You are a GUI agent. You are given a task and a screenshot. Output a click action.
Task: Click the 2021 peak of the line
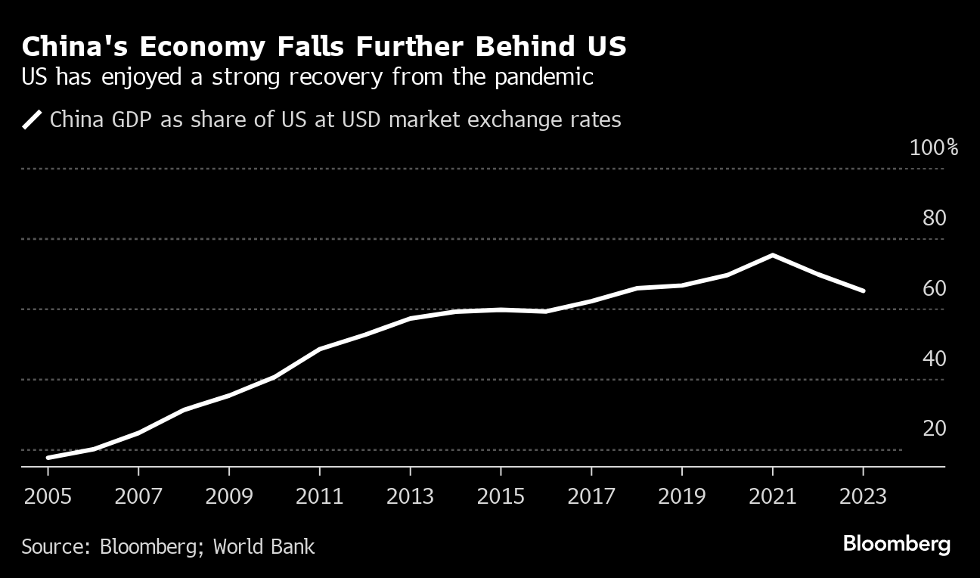coord(772,255)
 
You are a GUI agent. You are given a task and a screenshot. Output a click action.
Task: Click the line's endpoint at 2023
coord(863,291)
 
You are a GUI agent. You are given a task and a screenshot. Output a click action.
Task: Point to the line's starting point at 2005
coord(48,458)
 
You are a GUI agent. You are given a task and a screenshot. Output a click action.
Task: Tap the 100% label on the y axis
coord(934,148)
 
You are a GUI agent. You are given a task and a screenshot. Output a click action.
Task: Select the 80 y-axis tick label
coord(935,219)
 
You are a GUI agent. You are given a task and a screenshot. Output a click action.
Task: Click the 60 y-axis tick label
coord(935,288)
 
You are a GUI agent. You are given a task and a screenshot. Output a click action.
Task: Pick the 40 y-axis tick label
coord(935,359)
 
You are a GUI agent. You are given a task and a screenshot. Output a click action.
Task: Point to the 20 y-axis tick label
coord(935,428)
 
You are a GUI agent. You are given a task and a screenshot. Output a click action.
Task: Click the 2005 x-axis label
coord(48,496)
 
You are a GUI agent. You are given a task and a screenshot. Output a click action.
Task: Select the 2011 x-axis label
coord(320,496)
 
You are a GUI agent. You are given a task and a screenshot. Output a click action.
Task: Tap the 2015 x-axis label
coord(501,496)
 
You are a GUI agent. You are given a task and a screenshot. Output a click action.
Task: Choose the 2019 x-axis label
coord(682,496)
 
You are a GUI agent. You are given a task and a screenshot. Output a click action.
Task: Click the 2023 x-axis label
coord(863,496)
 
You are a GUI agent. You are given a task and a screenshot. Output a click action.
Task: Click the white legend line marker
coord(32,120)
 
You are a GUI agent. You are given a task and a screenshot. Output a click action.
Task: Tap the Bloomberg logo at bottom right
coord(896,544)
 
